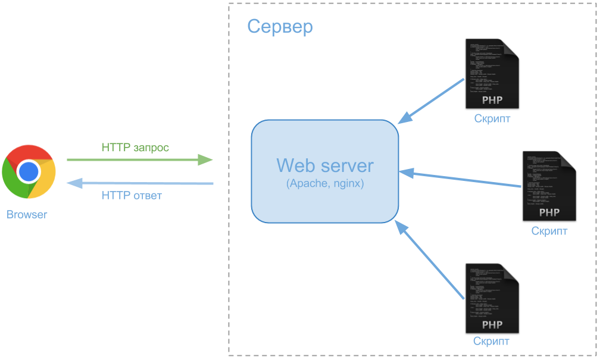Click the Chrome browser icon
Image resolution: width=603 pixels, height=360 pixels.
pos(29,172)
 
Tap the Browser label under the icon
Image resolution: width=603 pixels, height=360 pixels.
pos(27,215)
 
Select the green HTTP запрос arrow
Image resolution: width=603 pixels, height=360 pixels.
pos(139,159)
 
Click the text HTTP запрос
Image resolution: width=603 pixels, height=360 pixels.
pos(135,147)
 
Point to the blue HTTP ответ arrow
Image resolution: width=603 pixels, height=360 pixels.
pos(139,183)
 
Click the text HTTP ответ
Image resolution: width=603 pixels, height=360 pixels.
pos(132,195)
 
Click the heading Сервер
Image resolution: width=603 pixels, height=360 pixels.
pos(280,27)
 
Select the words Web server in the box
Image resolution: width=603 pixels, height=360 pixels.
pos(325,165)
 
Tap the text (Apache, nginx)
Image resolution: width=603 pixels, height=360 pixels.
pos(325,184)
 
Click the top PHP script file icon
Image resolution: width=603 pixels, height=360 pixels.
pos(492,74)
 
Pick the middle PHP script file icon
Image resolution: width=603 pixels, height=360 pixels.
pos(549,186)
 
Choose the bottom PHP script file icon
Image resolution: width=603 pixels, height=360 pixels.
pos(492,298)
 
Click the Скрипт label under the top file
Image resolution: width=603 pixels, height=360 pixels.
pos(492,118)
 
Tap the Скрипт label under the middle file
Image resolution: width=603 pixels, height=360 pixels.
pos(549,231)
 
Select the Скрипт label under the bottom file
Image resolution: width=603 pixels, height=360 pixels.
pos(491,342)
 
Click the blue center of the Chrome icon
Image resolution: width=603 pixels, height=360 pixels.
pos(29,172)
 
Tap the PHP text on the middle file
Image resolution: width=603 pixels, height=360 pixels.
pos(549,212)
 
